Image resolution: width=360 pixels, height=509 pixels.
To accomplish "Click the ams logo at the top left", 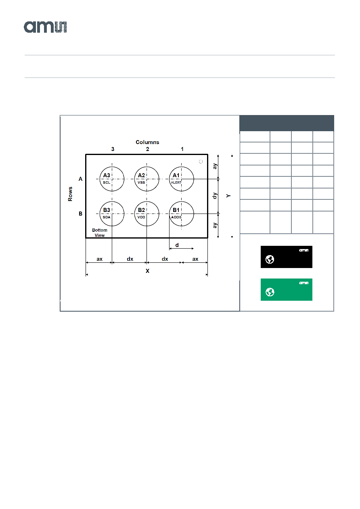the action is [x=45, y=27].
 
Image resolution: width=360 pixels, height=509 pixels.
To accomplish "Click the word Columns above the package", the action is [x=147, y=142].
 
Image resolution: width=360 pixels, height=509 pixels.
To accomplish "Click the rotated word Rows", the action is [x=70, y=194].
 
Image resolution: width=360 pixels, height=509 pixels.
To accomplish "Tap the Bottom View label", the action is [x=100, y=233].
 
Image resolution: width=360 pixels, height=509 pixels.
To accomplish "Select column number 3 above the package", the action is [x=113, y=149].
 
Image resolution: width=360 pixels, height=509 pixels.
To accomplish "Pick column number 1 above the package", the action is [x=182, y=149].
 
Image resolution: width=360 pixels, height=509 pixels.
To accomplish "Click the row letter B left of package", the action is [x=80, y=214].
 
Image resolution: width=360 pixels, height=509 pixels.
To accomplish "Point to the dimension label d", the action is [x=177, y=245].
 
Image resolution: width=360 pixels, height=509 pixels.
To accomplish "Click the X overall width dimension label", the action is [x=147, y=271].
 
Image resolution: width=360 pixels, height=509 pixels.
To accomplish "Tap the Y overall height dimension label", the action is [x=228, y=196].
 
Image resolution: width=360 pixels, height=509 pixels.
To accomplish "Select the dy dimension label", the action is [x=215, y=196].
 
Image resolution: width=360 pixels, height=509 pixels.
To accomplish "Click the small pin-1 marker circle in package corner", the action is [x=201, y=161].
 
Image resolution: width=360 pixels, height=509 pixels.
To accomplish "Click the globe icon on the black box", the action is [x=270, y=259].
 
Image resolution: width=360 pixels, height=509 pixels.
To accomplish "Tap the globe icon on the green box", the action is [x=270, y=292].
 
